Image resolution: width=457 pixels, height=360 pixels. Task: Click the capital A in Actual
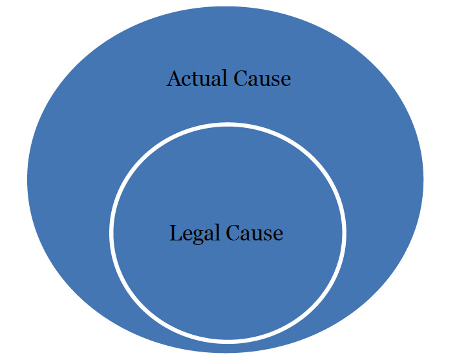(174, 79)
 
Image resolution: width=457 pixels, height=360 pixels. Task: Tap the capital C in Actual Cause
(240, 79)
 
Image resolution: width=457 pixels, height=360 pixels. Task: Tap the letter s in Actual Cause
(275, 80)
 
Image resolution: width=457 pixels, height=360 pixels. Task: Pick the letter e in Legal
(186, 234)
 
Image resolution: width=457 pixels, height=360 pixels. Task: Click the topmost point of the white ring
(228, 123)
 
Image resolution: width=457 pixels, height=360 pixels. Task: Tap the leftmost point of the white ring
(112, 231)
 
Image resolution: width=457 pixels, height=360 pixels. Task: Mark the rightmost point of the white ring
(344, 231)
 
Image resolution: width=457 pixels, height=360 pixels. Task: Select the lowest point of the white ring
(228, 340)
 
